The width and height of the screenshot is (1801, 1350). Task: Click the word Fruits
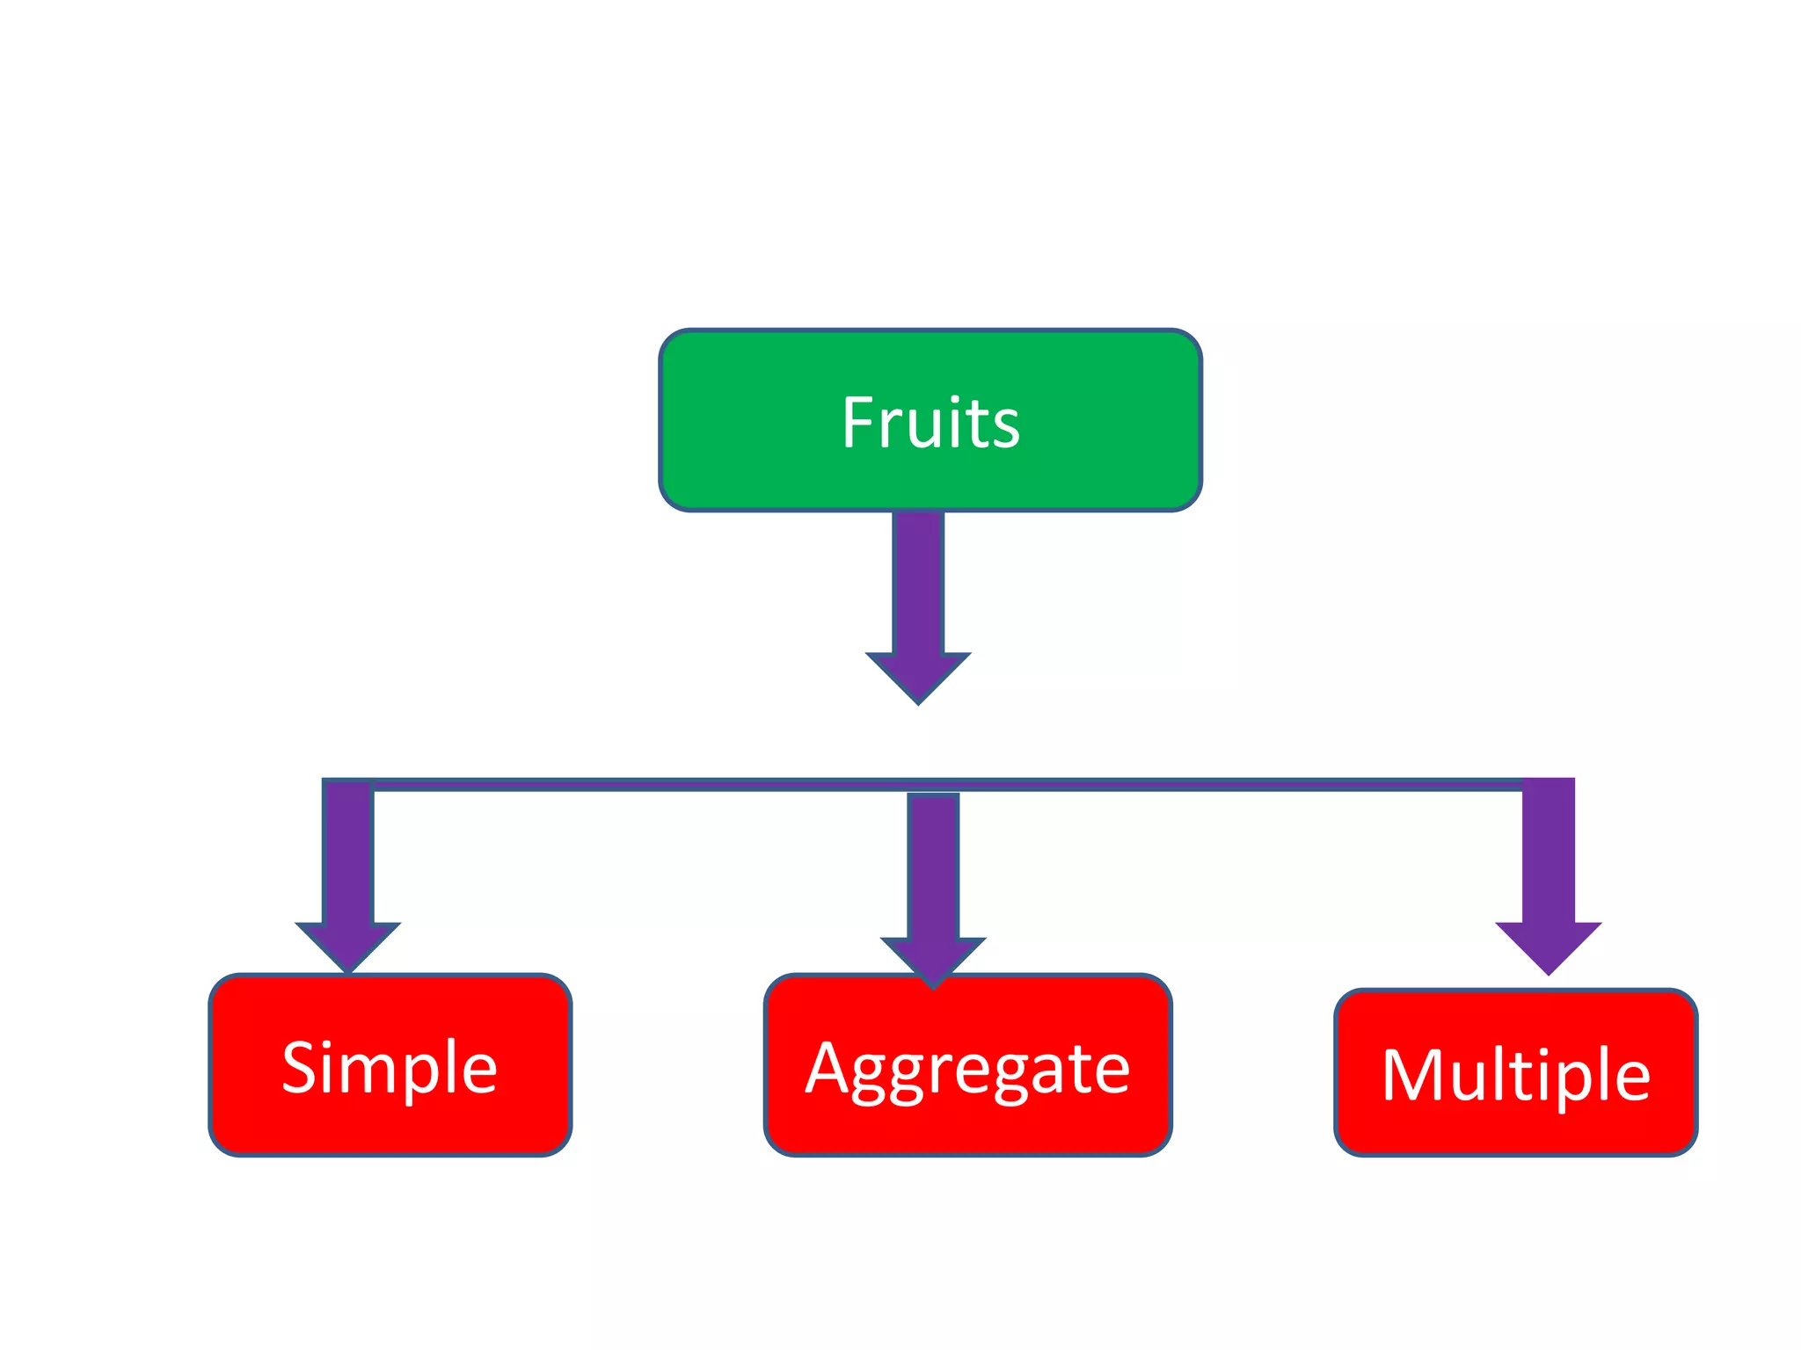point(930,423)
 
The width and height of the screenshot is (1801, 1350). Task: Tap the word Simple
point(390,1067)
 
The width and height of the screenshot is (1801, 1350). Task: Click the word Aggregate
point(967,1069)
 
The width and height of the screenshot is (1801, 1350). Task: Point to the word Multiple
point(1515,1074)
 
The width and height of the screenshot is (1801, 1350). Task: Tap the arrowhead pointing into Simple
point(348,945)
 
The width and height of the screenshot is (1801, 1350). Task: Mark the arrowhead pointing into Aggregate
point(933,960)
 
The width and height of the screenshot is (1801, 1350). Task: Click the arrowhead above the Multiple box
point(1549,945)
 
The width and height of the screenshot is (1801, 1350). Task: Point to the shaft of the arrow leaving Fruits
point(918,580)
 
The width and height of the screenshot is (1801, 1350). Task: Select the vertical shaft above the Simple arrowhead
point(348,853)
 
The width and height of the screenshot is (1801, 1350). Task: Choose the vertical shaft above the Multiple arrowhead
point(1549,848)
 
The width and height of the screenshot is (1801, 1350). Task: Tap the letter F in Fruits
point(858,423)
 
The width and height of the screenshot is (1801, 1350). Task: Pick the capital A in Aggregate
point(828,1067)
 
